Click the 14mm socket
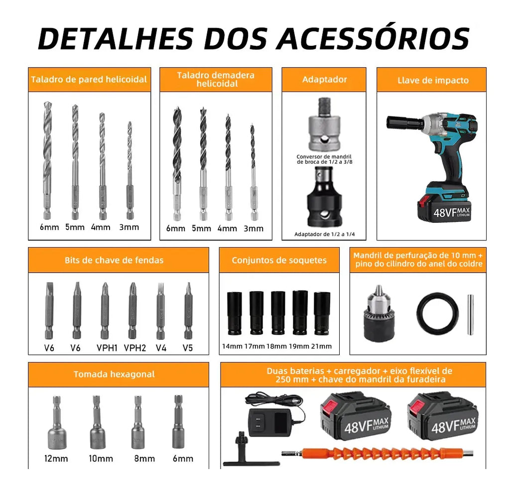click(234, 313)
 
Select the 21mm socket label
click(321, 346)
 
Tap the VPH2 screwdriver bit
click(132, 310)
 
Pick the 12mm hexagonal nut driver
click(57, 422)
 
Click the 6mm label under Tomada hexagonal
click(183, 459)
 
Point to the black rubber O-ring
click(437, 313)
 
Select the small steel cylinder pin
click(470, 314)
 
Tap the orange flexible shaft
click(378, 453)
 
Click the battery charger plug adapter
click(270, 422)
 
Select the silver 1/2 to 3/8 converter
click(324, 124)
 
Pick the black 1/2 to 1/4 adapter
click(324, 197)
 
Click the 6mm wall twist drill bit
click(47, 160)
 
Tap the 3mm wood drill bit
click(253, 172)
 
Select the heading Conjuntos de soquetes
click(279, 260)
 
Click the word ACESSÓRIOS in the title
click(373, 38)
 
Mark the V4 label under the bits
click(161, 348)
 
